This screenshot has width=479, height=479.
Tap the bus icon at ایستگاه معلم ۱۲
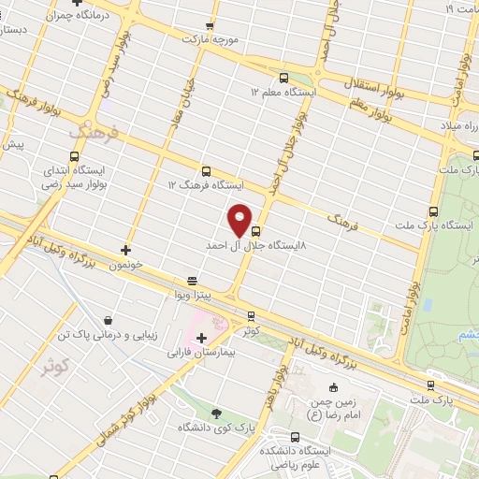pyautogui.click(x=283, y=79)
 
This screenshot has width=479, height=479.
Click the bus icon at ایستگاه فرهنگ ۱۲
pyautogui.click(x=205, y=171)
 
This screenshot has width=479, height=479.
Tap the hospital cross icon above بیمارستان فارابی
pyautogui.click(x=201, y=337)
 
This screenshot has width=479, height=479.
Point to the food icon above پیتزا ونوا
pyautogui.click(x=192, y=280)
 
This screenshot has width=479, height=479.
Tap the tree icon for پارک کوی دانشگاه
pyautogui.click(x=217, y=413)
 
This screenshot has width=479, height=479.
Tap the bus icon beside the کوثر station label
pyautogui.click(x=250, y=315)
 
